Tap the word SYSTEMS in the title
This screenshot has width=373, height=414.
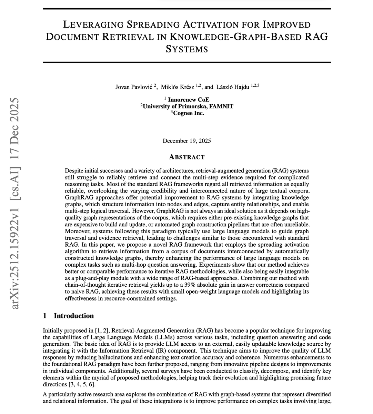click(186, 49)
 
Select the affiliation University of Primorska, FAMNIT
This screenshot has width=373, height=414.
click(188, 106)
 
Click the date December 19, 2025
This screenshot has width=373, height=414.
click(186, 140)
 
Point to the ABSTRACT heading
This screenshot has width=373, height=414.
click(186, 157)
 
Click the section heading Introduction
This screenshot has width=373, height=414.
click(74, 316)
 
